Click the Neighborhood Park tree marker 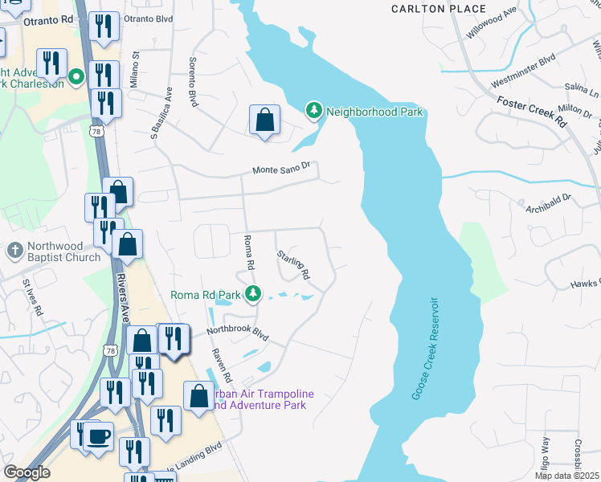[314, 111]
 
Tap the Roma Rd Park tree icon [253, 294]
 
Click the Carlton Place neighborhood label [438, 9]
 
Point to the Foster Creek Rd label [532, 111]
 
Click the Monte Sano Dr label [285, 170]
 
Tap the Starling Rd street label [293, 264]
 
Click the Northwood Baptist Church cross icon [14, 250]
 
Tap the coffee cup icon [99, 438]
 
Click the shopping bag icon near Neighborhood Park [264, 121]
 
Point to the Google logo [26, 472]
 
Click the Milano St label [135, 70]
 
